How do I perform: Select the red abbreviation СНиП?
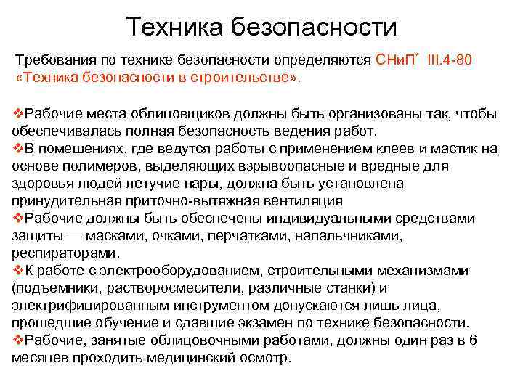[395, 60]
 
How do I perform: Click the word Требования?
[54, 60]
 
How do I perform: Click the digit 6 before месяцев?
[473, 340]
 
